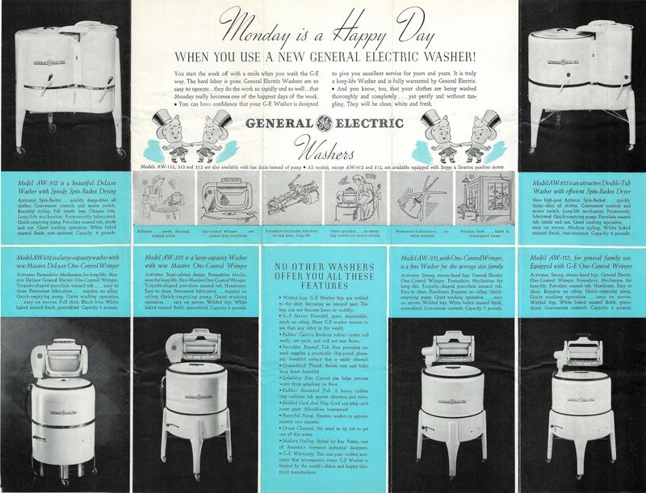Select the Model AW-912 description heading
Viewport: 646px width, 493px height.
point(64,185)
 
